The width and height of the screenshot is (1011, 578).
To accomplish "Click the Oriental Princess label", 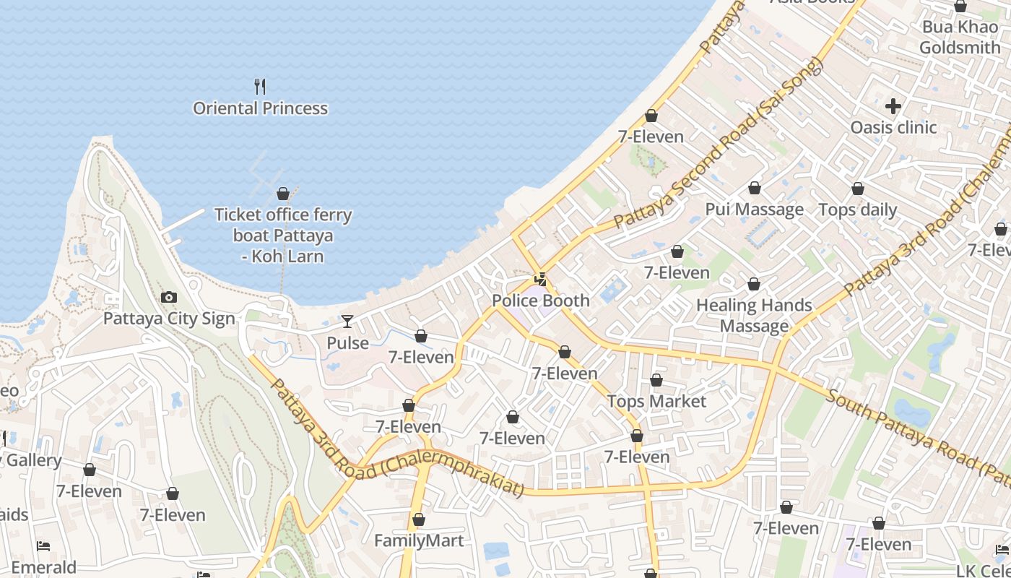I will pyautogui.click(x=260, y=108).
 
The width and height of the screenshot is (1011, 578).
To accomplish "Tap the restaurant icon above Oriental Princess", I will pyautogui.click(x=260, y=87).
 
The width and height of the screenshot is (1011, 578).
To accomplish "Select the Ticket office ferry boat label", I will pyautogui.click(x=283, y=236).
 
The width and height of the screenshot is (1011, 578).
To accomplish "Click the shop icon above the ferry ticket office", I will pyautogui.click(x=283, y=194).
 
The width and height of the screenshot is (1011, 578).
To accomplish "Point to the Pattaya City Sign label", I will pyautogui.click(x=169, y=319).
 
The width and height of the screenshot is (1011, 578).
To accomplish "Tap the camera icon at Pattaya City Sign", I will pyautogui.click(x=169, y=297).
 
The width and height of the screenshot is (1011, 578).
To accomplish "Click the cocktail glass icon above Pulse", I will pyautogui.click(x=347, y=322).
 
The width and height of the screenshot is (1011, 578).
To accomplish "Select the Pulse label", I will pyautogui.click(x=347, y=343).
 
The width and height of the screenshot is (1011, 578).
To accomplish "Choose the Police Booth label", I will pyautogui.click(x=540, y=301).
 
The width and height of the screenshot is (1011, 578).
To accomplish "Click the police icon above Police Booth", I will pyautogui.click(x=540, y=279).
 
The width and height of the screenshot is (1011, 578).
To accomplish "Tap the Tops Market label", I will pyautogui.click(x=656, y=401).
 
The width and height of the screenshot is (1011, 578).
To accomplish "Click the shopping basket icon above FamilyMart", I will pyautogui.click(x=418, y=519).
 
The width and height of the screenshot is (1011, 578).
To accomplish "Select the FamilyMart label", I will pyautogui.click(x=418, y=540).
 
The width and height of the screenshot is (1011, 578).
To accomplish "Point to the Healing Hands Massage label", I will pyautogui.click(x=754, y=316).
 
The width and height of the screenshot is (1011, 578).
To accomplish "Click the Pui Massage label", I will pyautogui.click(x=754, y=210).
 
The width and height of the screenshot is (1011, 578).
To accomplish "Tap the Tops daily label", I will pyautogui.click(x=857, y=210).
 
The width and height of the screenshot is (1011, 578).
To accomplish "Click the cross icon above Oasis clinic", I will pyautogui.click(x=893, y=106).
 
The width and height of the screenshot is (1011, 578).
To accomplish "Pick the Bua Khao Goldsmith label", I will pyautogui.click(x=960, y=38).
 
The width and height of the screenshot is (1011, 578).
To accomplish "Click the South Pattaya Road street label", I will pyautogui.click(x=917, y=438).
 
